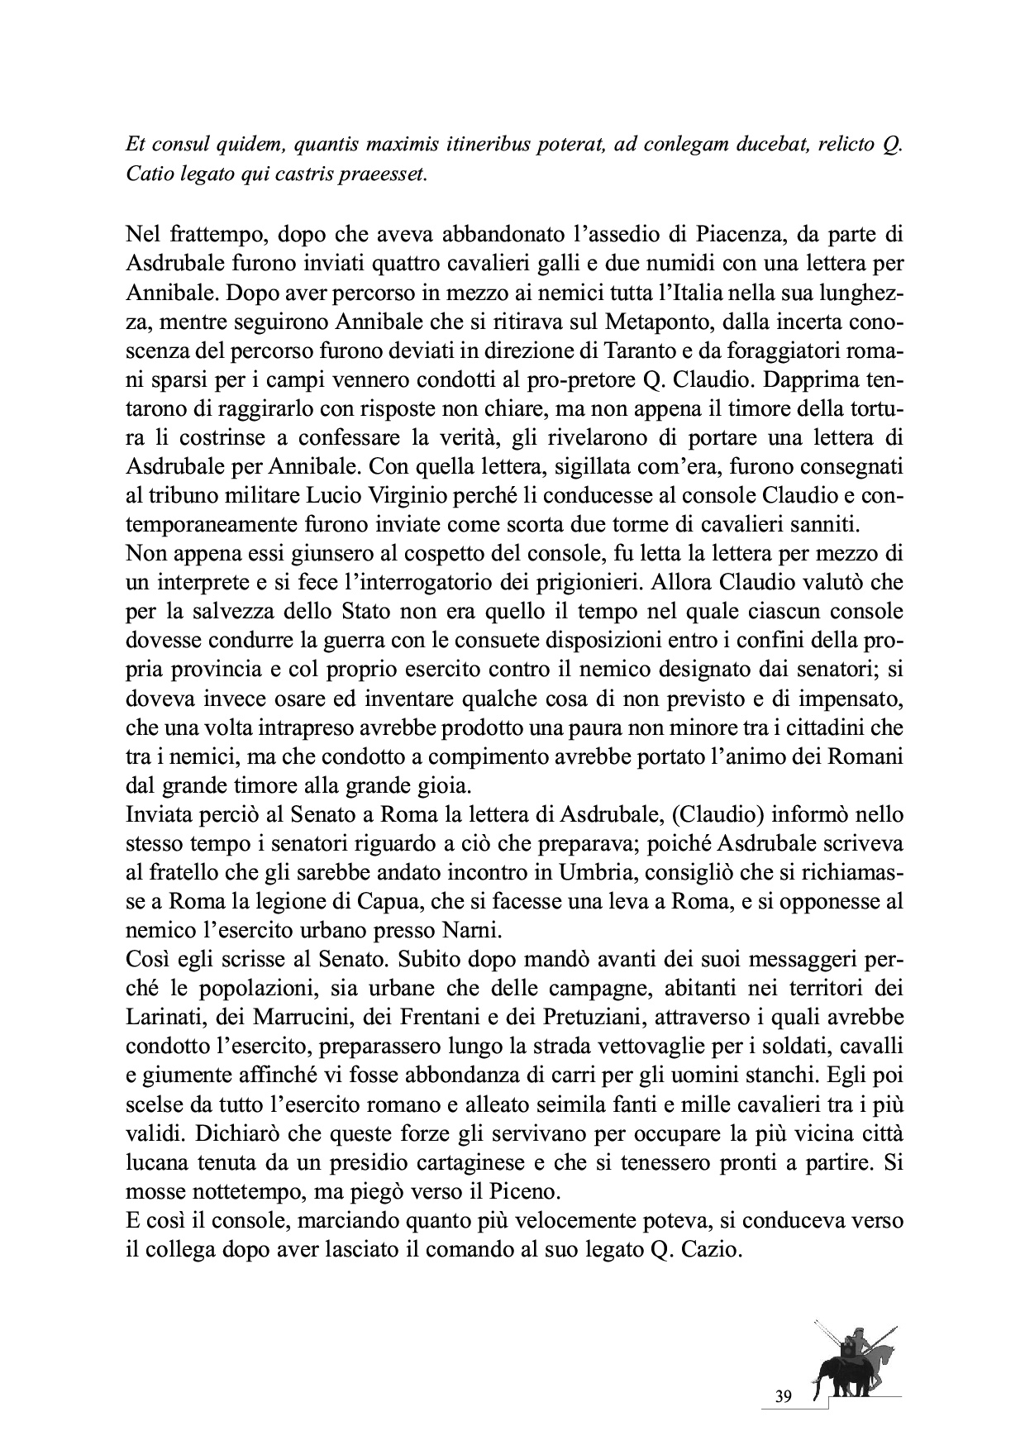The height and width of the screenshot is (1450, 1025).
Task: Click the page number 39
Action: coord(784,1397)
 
